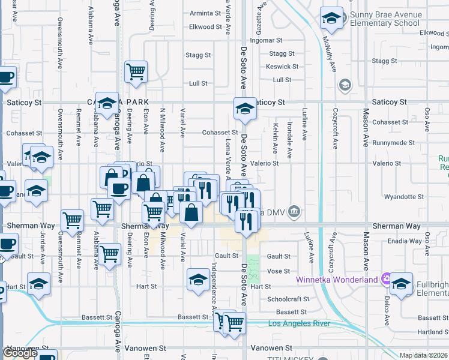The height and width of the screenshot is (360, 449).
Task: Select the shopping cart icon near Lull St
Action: pos(136,71)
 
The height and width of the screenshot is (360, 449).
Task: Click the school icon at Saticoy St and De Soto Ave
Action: pos(245,108)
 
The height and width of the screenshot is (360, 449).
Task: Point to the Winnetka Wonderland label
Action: pos(336,280)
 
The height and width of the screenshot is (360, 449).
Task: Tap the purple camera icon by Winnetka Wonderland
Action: pos(385,280)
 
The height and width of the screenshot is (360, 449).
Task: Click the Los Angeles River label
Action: pos(298,324)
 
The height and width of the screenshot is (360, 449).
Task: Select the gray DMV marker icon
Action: pos(294,211)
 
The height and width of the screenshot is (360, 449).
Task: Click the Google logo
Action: pos(20,353)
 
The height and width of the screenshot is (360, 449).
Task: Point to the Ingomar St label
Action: pos(266,41)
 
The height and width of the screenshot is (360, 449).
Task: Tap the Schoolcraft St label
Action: pos(288,299)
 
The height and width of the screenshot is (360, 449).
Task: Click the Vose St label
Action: pos(279,271)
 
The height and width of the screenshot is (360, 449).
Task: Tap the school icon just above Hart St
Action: pos(198,279)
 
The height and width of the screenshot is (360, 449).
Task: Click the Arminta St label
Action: pos(201,13)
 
